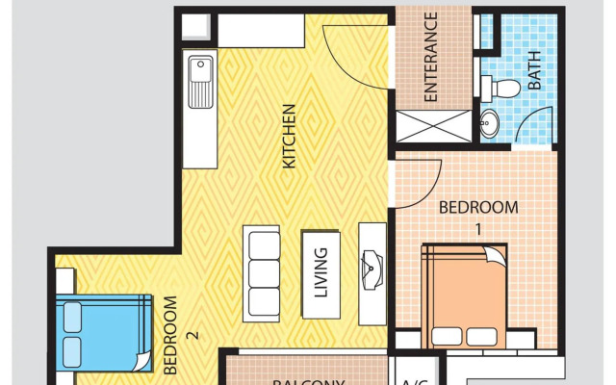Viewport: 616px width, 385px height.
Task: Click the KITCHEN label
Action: (x=288, y=138)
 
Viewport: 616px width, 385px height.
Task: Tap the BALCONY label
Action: (x=308, y=380)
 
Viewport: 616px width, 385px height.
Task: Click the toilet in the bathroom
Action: (x=503, y=89)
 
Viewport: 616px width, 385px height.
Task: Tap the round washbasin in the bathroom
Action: (x=491, y=123)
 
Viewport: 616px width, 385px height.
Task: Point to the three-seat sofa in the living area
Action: (x=262, y=271)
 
